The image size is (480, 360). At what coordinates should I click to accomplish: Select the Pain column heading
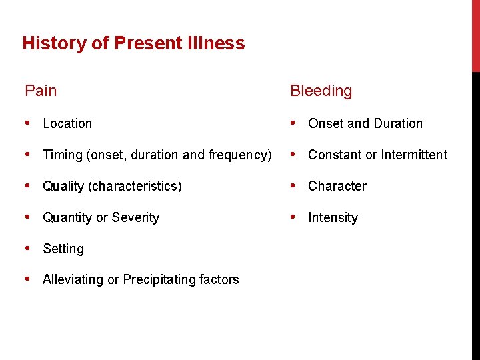[41, 91]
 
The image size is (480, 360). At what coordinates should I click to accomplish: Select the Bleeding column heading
[321, 91]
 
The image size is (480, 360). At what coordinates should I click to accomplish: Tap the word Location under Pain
[67, 123]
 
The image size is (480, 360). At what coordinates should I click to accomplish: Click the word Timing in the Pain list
[63, 155]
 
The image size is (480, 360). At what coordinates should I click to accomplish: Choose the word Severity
[137, 217]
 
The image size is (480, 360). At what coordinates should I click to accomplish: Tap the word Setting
[63, 249]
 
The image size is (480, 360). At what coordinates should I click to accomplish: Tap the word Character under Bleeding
[337, 186]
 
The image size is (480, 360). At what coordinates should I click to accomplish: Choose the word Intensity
[333, 217]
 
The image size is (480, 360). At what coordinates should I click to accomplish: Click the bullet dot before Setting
[28, 248]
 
